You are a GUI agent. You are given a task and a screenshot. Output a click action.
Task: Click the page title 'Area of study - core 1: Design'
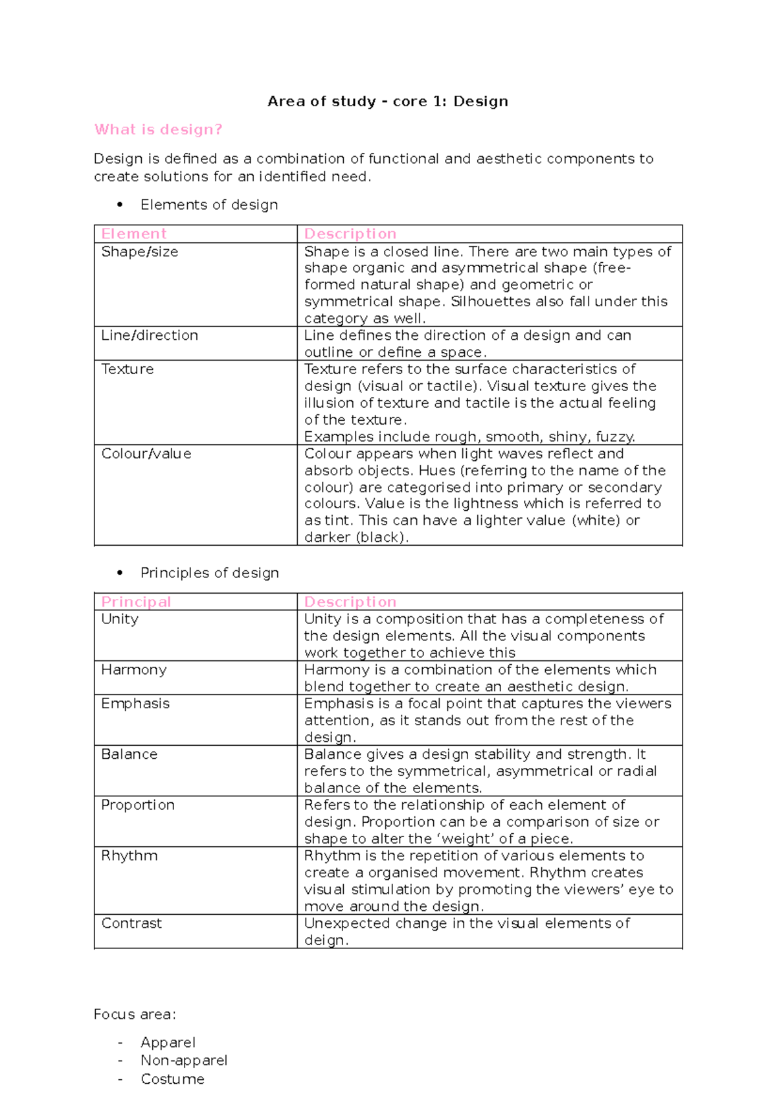coord(387,102)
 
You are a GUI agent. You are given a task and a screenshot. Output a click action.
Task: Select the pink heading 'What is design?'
coord(158,129)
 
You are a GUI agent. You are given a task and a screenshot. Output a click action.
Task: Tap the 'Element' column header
coord(134,234)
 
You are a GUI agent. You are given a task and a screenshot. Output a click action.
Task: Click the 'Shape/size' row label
coord(139,252)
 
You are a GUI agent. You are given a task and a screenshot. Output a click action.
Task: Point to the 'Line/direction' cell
coord(150,335)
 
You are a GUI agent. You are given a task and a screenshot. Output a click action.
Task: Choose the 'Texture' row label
coord(128,369)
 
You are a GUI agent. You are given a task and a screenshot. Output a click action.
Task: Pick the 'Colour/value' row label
coord(146,454)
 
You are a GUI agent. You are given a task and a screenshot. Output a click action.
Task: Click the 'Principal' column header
coord(136,601)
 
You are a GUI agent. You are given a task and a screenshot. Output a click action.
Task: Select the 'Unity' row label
coord(120,619)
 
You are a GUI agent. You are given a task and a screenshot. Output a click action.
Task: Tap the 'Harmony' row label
coord(134,669)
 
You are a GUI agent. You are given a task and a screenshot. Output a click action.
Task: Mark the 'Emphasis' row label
coord(135,704)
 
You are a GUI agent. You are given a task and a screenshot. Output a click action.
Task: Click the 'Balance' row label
coord(129,754)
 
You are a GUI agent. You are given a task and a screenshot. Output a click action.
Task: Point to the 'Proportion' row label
coord(138,805)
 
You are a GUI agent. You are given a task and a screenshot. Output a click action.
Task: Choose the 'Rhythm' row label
coord(129,856)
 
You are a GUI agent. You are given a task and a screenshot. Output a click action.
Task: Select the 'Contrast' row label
coord(131,923)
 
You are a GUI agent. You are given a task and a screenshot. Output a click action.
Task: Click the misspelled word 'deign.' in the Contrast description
coord(326,940)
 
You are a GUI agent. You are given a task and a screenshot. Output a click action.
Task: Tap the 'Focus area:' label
coord(135,1014)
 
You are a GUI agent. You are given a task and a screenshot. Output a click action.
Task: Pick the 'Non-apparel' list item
coord(184,1060)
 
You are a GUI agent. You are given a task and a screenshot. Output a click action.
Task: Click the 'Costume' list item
coord(172,1079)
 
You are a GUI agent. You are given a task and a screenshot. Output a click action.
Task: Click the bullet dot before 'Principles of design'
coord(120,573)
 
